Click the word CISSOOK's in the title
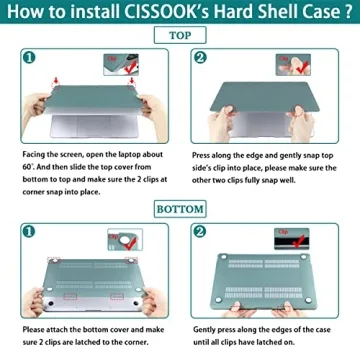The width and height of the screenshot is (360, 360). coord(160,12)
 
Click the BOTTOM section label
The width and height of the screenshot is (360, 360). coord(180,209)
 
